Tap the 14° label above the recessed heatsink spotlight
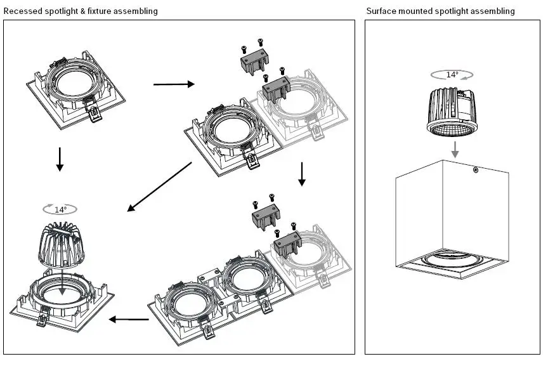[x=60, y=209]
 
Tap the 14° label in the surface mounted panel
[x=452, y=74]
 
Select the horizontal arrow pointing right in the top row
[x=174, y=84]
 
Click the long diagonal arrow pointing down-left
[x=159, y=186]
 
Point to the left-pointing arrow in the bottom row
[x=129, y=319]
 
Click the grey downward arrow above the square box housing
[x=455, y=149]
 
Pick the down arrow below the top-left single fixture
[x=60, y=159]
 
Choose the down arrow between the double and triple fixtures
[x=302, y=174]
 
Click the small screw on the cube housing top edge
[x=476, y=170]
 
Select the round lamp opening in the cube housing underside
[x=453, y=259]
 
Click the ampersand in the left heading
[x=83, y=11]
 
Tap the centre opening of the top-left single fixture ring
[x=75, y=84]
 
